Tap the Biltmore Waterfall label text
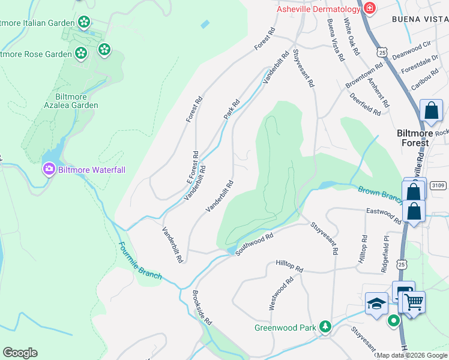click(x=92, y=170)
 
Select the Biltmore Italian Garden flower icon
click(x=84, y=23)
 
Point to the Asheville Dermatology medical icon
click(x=369, y=8)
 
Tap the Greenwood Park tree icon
click(x=325, y=327)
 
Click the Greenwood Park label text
click(x=285, y=328)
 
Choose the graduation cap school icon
click(x=376, y=303)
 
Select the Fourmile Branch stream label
click(x=140, y=260)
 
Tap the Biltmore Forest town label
click(x=414, y=138)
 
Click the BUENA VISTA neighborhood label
click(x=420, y=19)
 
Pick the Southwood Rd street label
click(x=254, y=244)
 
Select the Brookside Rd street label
click(x=202, y=308)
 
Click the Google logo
click(x=20, y=353)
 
